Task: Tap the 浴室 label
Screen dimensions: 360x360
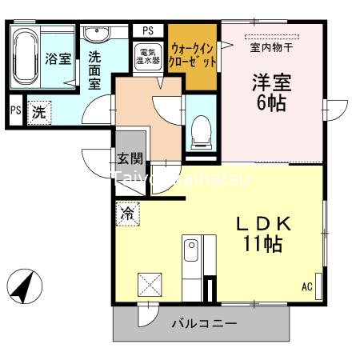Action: coord(58,59)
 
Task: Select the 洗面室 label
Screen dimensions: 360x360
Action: coord(94,70)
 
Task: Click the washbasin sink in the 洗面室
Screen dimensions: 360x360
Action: coord(96,34)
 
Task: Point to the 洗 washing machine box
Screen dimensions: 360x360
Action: coord(38,113)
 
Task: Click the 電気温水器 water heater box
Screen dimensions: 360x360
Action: coord(148,57)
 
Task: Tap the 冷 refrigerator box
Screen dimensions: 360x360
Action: coord(127,214)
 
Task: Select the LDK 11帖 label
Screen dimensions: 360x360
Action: coord(261,233)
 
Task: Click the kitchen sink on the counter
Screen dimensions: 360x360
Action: coord(191,255)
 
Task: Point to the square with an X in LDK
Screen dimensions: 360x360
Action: coord(150,285)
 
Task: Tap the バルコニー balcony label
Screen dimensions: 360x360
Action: coord(204,325)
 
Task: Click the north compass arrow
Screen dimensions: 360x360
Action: coord(25,286)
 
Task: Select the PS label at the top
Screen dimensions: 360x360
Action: coord(148,30)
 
